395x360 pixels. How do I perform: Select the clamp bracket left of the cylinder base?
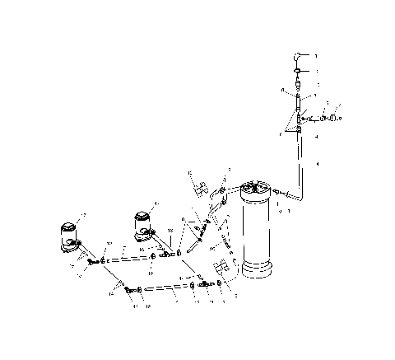pos(221,269)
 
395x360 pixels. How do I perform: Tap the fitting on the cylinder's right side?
pos(282,195)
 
